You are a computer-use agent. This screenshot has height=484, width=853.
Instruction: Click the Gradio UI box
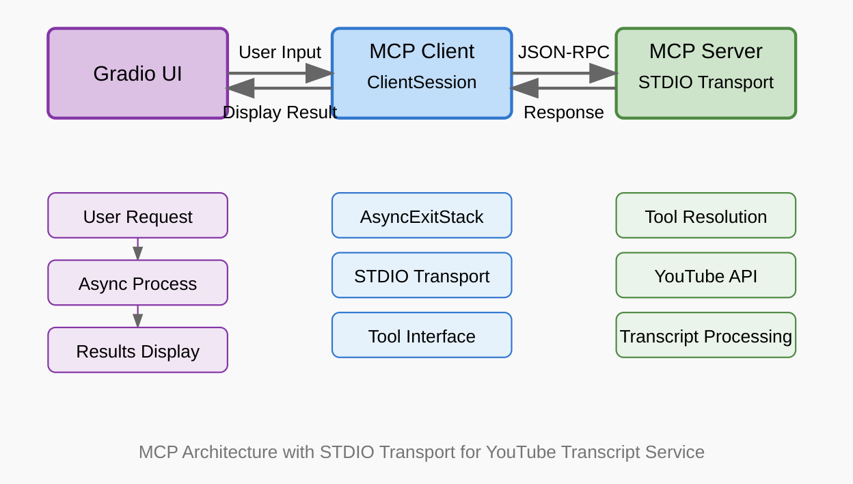pyautogui.click(x=137, y=73)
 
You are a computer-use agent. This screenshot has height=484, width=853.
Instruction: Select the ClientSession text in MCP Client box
pyautogui.click(x=421, y=83)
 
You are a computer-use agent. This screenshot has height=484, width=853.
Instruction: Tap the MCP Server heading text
pyautogui.click(x=705, y=51)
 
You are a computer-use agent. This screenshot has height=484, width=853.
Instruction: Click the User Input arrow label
pyautogui.click(x=280, y=53)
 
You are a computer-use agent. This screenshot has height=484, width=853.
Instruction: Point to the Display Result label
pyautogui.click(x=280, y=112)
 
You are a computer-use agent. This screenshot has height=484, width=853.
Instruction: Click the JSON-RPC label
pyautogui.click(x=563, y=53)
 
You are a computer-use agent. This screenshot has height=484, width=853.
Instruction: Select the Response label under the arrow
pyautogui.click(x=563, y=112)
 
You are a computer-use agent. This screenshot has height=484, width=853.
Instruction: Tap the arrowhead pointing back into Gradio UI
pyautogui.click(x=240, y=88)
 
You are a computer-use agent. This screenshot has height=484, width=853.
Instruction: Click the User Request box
pyautogui.click(x=137, y=216)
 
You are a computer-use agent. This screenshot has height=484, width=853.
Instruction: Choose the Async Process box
pyautogui.click(x=137, y=283)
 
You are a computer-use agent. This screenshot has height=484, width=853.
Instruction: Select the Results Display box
pyautogui.click(x=137, y=351)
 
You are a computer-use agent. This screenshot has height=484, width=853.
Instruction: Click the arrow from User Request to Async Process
pyautogui.click(x=137, y=250)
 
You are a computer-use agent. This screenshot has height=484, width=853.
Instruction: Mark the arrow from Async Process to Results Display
pyautogui.click(x=137, y=317)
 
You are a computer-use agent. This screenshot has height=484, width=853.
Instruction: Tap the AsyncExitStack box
pyautogui.click(x=421, y=216)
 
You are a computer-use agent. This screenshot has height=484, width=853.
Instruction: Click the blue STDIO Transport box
pyautogui.click(x=421, y=276)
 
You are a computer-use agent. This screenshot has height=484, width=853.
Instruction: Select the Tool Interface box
pyautogui.click(x=421, y=336)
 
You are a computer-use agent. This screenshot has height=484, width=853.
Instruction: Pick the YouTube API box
pyautogui.click(x=705, y=276)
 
